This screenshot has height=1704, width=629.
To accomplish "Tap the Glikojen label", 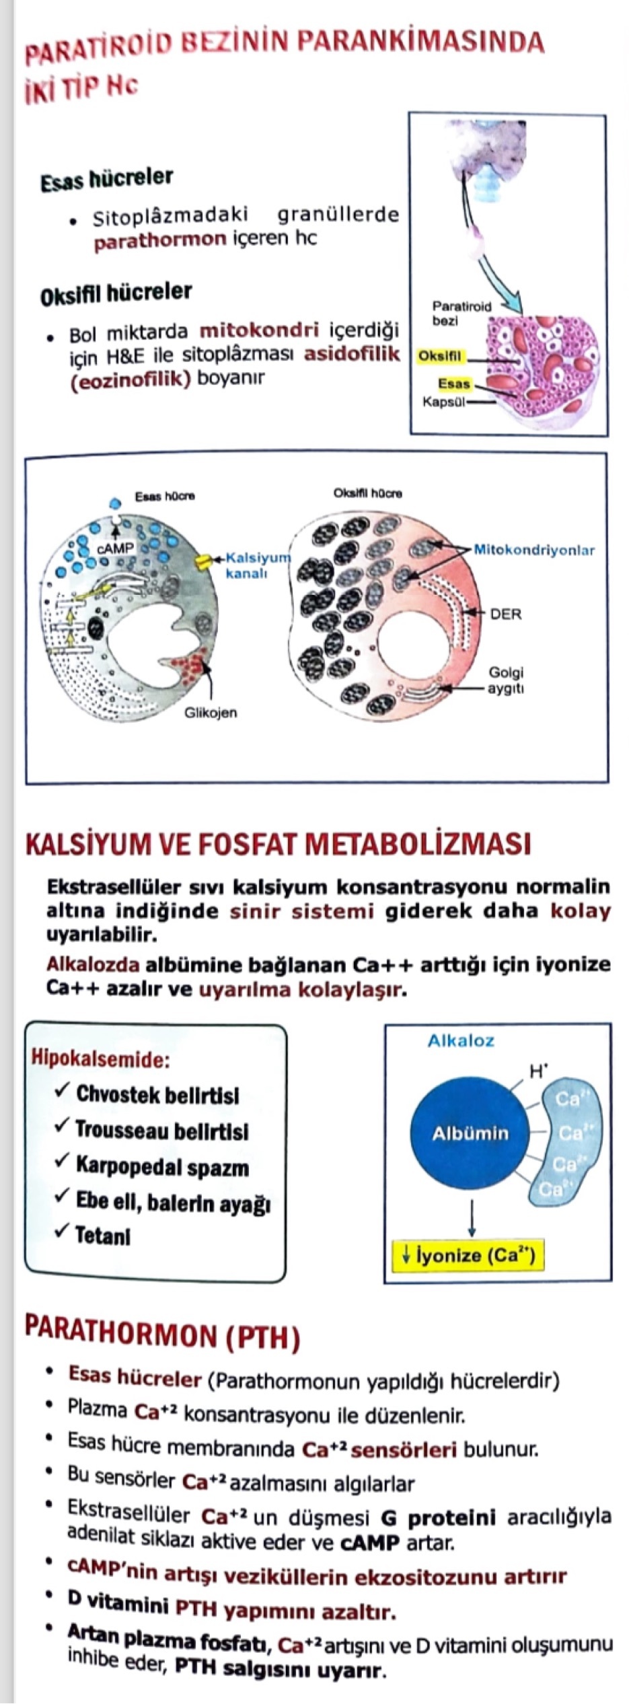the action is (211, 712).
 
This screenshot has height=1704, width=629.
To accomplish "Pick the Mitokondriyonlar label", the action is (534, 550).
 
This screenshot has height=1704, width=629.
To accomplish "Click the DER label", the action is (506, 614).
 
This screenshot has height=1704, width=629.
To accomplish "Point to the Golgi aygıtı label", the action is (506, 680).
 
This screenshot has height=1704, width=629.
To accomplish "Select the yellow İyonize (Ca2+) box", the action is (467, 1256).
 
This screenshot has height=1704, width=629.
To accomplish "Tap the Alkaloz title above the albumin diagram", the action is (461, 1040).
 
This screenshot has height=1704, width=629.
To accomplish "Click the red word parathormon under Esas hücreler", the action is (159, 240).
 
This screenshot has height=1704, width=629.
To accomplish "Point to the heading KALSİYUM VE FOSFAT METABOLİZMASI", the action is (277, 844).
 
